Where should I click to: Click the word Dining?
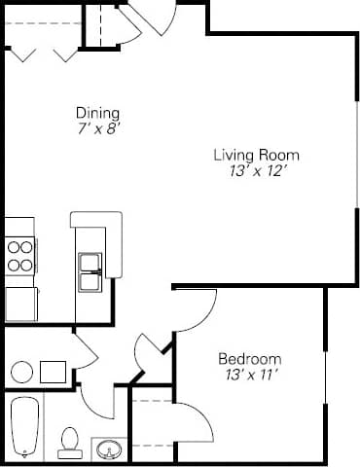[97, 112]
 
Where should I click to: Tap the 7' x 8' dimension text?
[97, 127]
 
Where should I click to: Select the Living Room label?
[256, 155]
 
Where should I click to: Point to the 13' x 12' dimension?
[256, 170]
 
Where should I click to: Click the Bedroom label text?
[249, 358]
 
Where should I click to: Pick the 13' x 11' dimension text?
[249, 375]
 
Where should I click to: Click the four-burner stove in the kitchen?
[20, 256]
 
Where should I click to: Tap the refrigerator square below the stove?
[20, 303]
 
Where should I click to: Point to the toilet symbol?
[69, 443]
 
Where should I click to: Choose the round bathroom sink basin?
[109, 449]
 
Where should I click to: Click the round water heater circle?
[21, 372]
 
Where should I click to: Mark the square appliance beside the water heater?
[53, 372]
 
